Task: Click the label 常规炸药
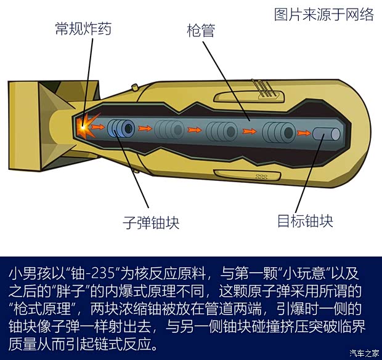pos(83,28)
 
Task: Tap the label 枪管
pos(200,30)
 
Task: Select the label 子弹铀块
pos(151,222)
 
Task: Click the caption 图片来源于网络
pos(323,14)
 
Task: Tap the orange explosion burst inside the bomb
pos(84,127)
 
